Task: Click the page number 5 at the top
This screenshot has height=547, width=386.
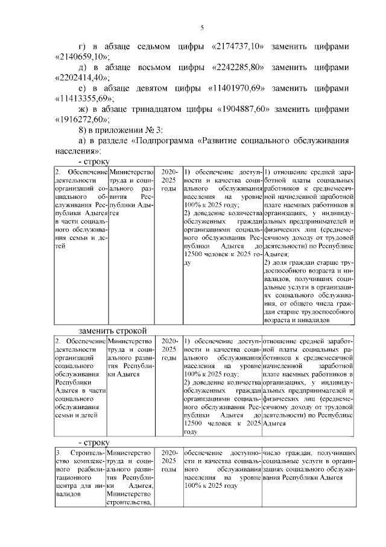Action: click(203, 27)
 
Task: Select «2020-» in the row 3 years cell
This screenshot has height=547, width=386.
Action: click(169, 453)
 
